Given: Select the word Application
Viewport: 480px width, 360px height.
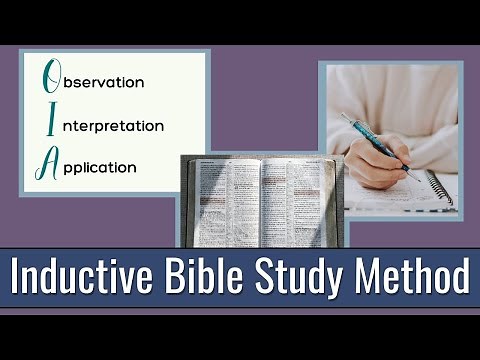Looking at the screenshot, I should coord(102,167).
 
